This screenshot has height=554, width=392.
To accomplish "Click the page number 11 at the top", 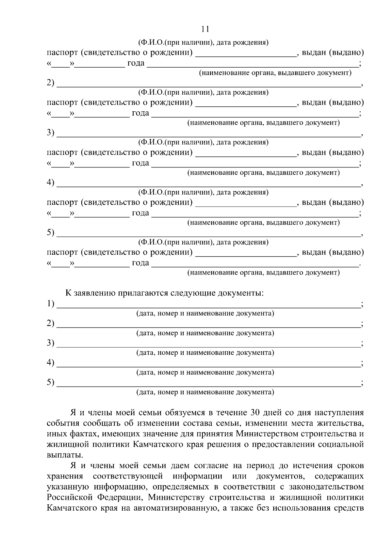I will pos(205,29).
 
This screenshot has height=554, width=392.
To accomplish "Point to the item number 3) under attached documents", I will pos(50,343).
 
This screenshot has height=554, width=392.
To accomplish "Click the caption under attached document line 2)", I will pos(205,333).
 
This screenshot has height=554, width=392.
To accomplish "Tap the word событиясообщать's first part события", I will pos(63,423).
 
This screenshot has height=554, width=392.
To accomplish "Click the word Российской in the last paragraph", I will pos(69,497).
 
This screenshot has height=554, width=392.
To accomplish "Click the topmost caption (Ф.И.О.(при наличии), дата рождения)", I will pos(203,42).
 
